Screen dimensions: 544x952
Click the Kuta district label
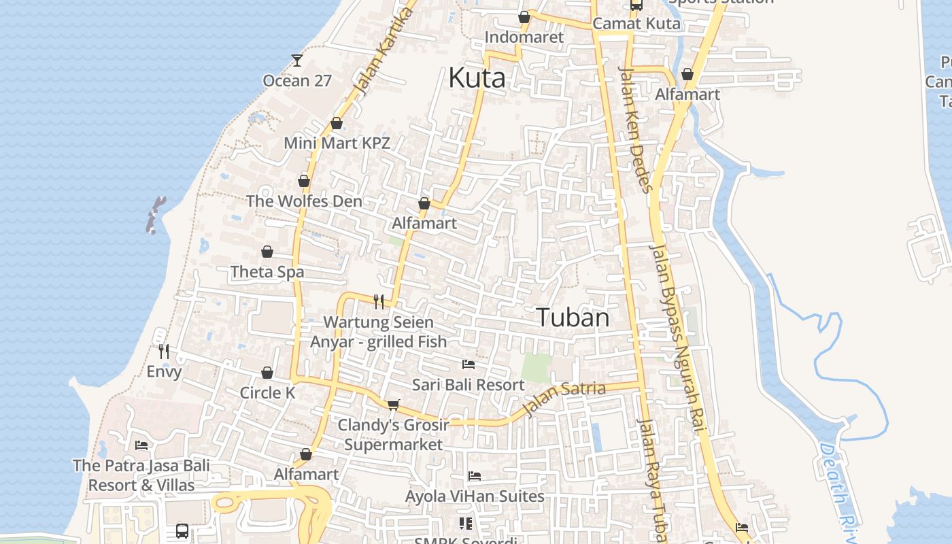(x=477, y=78)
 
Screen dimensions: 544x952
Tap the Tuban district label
(x=573, y=318)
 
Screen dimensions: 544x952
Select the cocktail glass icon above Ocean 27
(x=297, y=61)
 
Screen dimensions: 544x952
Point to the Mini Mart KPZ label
(x=337, y=143)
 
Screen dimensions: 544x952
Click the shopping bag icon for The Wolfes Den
(x=304, y=182)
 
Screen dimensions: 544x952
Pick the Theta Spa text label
(x=267, y=272)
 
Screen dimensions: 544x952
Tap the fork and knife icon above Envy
(x=164, y=352)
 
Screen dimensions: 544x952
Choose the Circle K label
(x=267, y=393)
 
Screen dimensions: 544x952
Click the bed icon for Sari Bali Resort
(x=468, y=364)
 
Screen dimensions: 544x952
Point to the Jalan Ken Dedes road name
(x=636, y=129)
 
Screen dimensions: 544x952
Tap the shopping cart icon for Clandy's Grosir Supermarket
(x=393, y=405)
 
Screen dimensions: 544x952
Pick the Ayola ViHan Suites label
(x=475, y=496)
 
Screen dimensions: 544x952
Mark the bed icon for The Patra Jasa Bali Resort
(x=141, y=445)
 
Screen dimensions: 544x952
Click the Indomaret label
(x=524, y=37)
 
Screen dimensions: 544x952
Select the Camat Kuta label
(x=636, y=24)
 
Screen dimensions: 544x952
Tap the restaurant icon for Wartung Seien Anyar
(x=379, y=301)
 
